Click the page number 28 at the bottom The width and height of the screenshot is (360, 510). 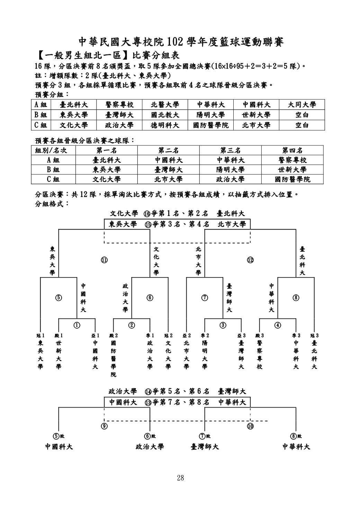[180, 478]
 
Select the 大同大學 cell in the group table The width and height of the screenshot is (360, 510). [302, 105]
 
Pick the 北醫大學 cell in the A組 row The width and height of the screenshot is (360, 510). [165, 105]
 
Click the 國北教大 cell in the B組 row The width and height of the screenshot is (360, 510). [165, 115]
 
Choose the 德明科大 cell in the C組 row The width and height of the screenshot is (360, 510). [165, 125]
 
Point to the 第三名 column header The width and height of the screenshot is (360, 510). [230, 150]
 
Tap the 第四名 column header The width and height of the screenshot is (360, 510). [292, 150]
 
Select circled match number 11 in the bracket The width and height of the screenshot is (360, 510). [104, 260]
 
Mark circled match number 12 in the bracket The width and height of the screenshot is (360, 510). [250, 260]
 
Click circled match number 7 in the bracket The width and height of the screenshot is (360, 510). [205, 298]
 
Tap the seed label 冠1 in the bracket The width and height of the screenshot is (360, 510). [40, 335]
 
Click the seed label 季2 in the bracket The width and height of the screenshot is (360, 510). [205, 335]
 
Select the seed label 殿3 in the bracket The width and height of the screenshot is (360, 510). [260, 335]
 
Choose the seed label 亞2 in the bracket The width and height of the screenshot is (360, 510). [187, 335]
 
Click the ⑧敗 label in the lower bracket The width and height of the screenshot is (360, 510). [296, 436]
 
